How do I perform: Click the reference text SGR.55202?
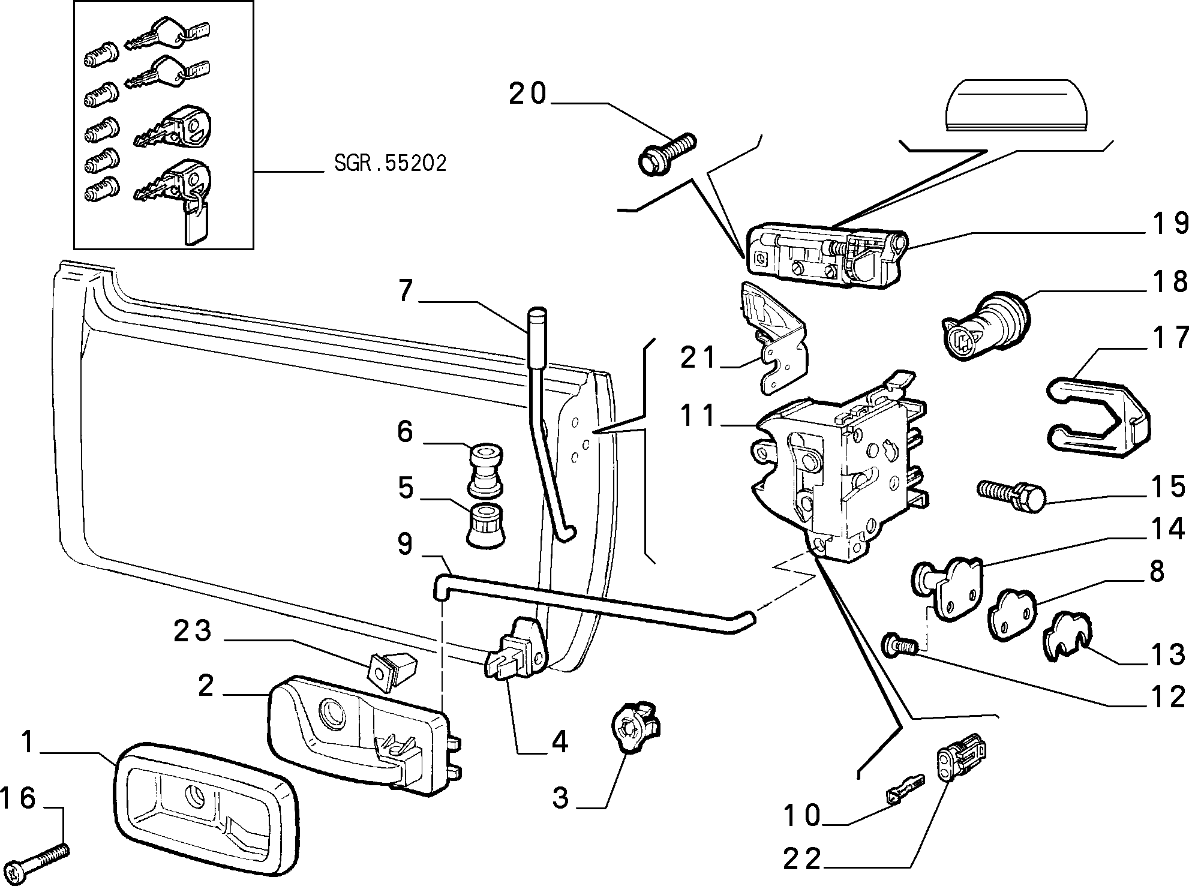coord(390,163)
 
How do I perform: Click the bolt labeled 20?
coord(666,154)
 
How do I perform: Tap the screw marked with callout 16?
coord(40,860)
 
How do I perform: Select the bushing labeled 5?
coord(485,525)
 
